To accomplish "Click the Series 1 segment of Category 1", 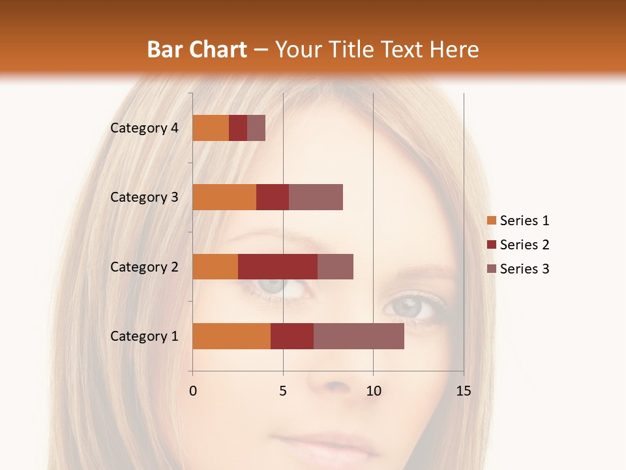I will (231, 336).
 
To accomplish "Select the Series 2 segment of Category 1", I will (292, 336).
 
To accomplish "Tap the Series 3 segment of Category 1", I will (359, 336).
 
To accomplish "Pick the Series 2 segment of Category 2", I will (278, 266).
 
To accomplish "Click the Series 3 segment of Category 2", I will (335, 266).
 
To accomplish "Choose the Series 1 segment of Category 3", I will (224, 197).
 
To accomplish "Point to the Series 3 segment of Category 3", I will (316, 197).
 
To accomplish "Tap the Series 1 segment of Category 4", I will (211, 128).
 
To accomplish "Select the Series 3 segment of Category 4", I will (256, 128).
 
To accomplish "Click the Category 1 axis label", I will (144, 336).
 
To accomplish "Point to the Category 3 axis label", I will (144, 197).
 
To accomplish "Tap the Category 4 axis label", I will (144, 128).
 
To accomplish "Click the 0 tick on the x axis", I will (193, 391).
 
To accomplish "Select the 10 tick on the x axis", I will (373, 391).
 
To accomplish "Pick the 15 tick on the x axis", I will (464, 391).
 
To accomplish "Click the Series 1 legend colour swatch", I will (492, 221).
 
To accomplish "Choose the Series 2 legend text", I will (524, 245).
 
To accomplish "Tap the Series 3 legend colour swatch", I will (492, 269).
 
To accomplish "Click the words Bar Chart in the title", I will (197, 50).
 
